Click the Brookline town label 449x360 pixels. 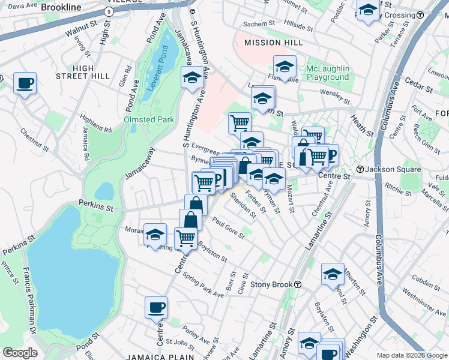(x=61, y=8)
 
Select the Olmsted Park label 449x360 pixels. (x=148, y=119)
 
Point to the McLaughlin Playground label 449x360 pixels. (x=327, y=73)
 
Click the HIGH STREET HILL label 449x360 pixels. (x=83, y=72)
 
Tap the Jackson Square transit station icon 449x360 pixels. (x=360, y=169)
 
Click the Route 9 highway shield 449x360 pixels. (x=107, y=11)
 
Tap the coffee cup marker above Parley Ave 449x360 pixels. (x=156, y=307)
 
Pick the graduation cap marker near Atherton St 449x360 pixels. (x=333, y=274)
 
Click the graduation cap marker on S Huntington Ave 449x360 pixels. (x=192, y=77)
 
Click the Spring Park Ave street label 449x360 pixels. (x=203, y=284)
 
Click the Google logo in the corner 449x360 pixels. (x=20, y=353)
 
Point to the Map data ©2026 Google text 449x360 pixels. (x=411, y=355)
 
